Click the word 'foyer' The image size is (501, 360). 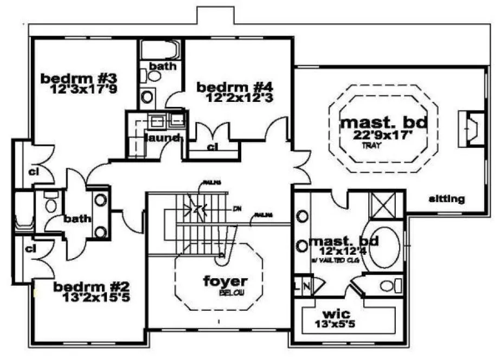[x=225, y=281]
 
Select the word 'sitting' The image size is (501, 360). [x=446, y=199]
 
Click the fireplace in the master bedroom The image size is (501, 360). [x=470, y=128]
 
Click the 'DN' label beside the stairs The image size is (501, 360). [x=236, y=207]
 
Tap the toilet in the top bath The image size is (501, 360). [x=155, y=76]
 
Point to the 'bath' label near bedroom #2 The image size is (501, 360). [x=76, y=219]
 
